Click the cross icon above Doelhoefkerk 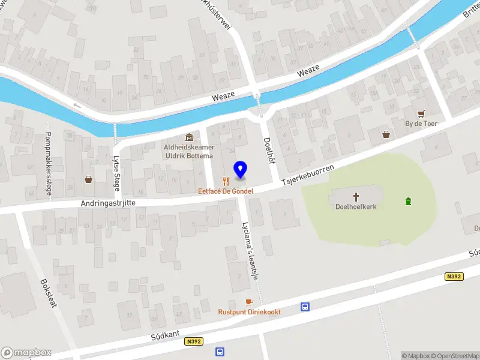[356, 196]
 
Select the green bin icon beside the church [409, 201]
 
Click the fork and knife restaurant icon [226, 181]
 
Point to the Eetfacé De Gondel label [226, 191]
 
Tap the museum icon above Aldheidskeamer [190, 137]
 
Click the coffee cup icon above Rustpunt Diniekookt [249, 302]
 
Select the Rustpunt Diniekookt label [249, 312]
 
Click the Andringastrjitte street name [108, 204]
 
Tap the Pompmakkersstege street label [48, 163]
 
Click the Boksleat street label [48, 293]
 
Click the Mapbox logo [26, 353]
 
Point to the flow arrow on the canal [77, 106]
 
